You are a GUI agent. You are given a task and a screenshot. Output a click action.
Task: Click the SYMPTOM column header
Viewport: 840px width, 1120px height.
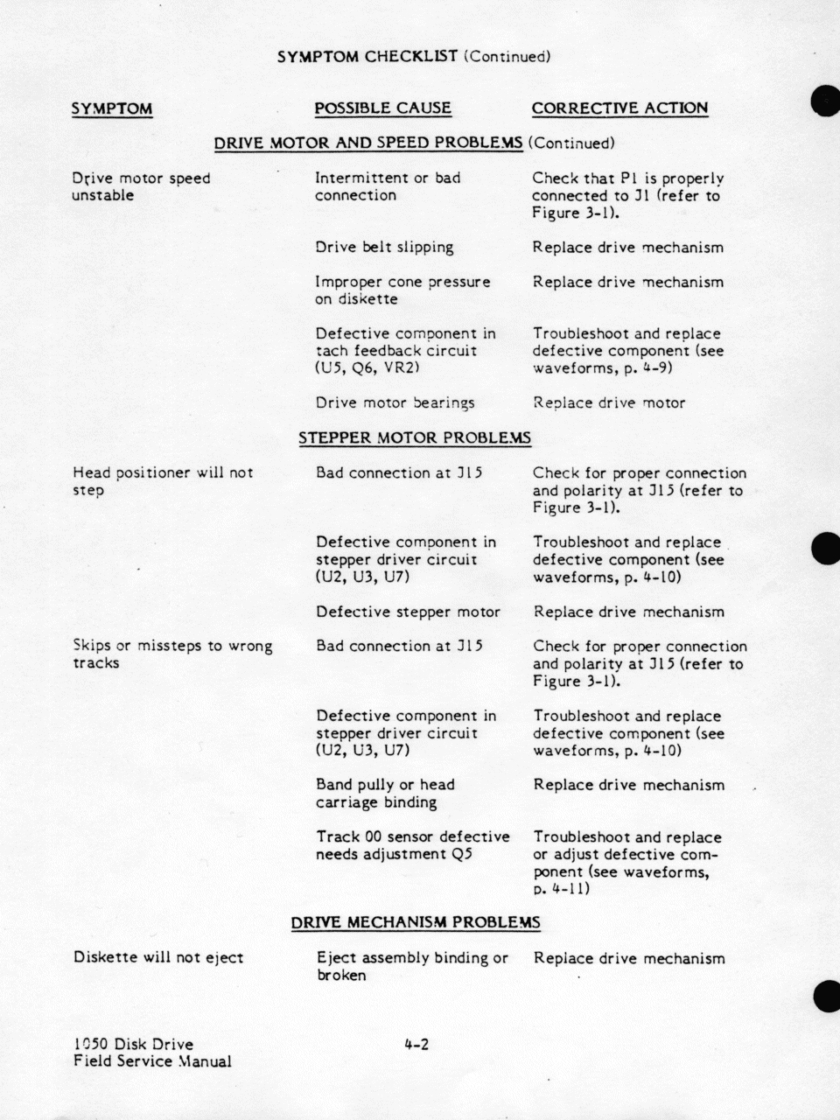112,108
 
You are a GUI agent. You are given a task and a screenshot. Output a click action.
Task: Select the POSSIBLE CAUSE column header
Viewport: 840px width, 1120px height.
382,108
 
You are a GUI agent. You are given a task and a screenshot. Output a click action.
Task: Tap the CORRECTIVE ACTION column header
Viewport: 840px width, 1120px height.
619,108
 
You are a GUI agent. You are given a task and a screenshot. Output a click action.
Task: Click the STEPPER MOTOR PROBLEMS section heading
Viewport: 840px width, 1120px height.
415,437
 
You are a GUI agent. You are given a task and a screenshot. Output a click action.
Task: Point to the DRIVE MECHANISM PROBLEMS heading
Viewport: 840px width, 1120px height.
416,922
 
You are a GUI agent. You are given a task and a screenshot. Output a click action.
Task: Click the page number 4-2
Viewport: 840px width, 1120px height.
416,1044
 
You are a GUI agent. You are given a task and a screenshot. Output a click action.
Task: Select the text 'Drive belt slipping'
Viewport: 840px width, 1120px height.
384,247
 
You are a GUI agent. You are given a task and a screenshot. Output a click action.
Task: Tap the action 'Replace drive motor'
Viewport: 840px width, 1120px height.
608,403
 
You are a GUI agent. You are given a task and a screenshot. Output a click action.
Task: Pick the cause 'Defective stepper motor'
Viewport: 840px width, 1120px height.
408,612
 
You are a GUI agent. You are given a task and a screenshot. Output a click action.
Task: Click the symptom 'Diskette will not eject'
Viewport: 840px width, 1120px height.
158,957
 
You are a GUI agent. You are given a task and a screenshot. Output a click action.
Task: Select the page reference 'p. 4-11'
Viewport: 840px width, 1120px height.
561,889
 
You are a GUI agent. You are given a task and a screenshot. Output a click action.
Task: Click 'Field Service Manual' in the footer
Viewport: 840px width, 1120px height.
153,1061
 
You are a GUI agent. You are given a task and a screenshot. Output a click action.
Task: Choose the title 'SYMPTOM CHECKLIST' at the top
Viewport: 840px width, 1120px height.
367,57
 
